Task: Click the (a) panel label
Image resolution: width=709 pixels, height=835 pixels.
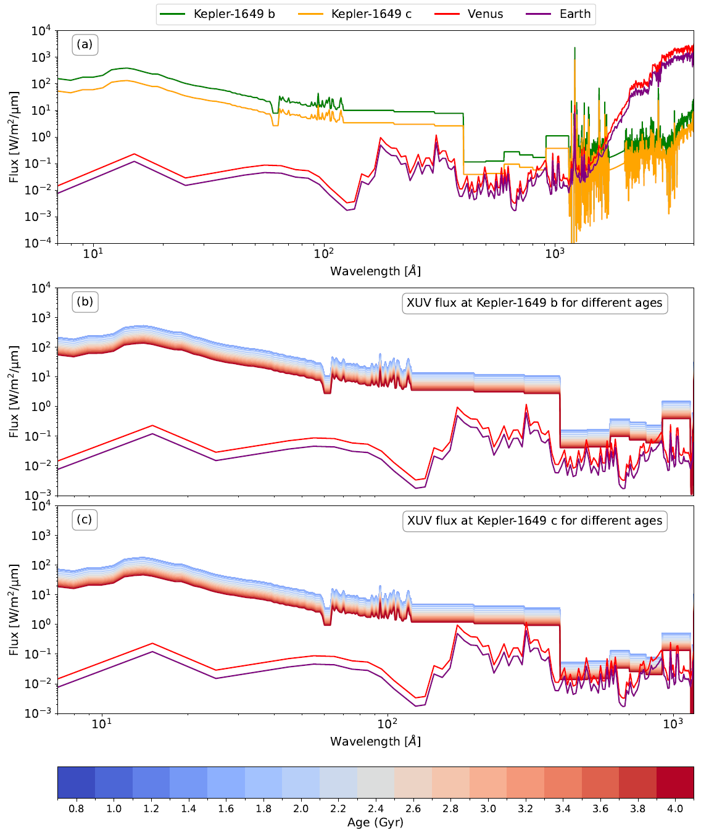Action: (x=85, y=44)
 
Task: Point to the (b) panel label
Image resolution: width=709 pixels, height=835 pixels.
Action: (x=85, y=302)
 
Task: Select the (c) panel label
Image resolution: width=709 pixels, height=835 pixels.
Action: (x=85, y=520)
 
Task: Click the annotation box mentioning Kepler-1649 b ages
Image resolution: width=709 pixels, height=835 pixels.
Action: (x=534, y=303)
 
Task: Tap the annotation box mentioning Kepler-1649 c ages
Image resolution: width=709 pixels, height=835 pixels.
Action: (x=534, y=521)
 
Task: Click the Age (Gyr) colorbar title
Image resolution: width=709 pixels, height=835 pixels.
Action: (x=375, y=822)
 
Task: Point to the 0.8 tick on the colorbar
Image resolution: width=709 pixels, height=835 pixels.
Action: (x=77, y=808)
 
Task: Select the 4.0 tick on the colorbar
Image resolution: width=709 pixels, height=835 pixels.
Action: (x=675, y=808)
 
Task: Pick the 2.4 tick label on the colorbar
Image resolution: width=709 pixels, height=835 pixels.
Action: (x=376, y=808)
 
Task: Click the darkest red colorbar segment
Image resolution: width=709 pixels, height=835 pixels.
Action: (x=675, y=783)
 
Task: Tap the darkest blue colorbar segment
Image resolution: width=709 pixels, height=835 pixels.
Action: (x=77, y=783)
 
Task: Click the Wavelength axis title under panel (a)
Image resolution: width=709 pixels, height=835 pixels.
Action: (x=375, y=271)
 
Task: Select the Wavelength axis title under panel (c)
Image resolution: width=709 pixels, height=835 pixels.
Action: (x=375, y=741)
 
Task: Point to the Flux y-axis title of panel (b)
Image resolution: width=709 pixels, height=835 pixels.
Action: (x=14, y=391)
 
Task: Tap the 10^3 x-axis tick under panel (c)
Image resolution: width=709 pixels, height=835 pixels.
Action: (x=673, y=724)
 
